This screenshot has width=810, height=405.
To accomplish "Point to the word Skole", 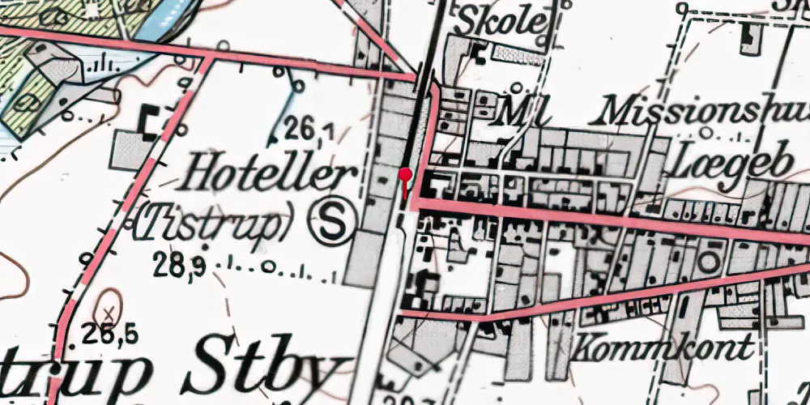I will [499, 21].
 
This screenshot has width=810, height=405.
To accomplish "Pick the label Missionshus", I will [705, 111].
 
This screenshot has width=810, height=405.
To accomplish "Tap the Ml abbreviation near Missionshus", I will [516, 111].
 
